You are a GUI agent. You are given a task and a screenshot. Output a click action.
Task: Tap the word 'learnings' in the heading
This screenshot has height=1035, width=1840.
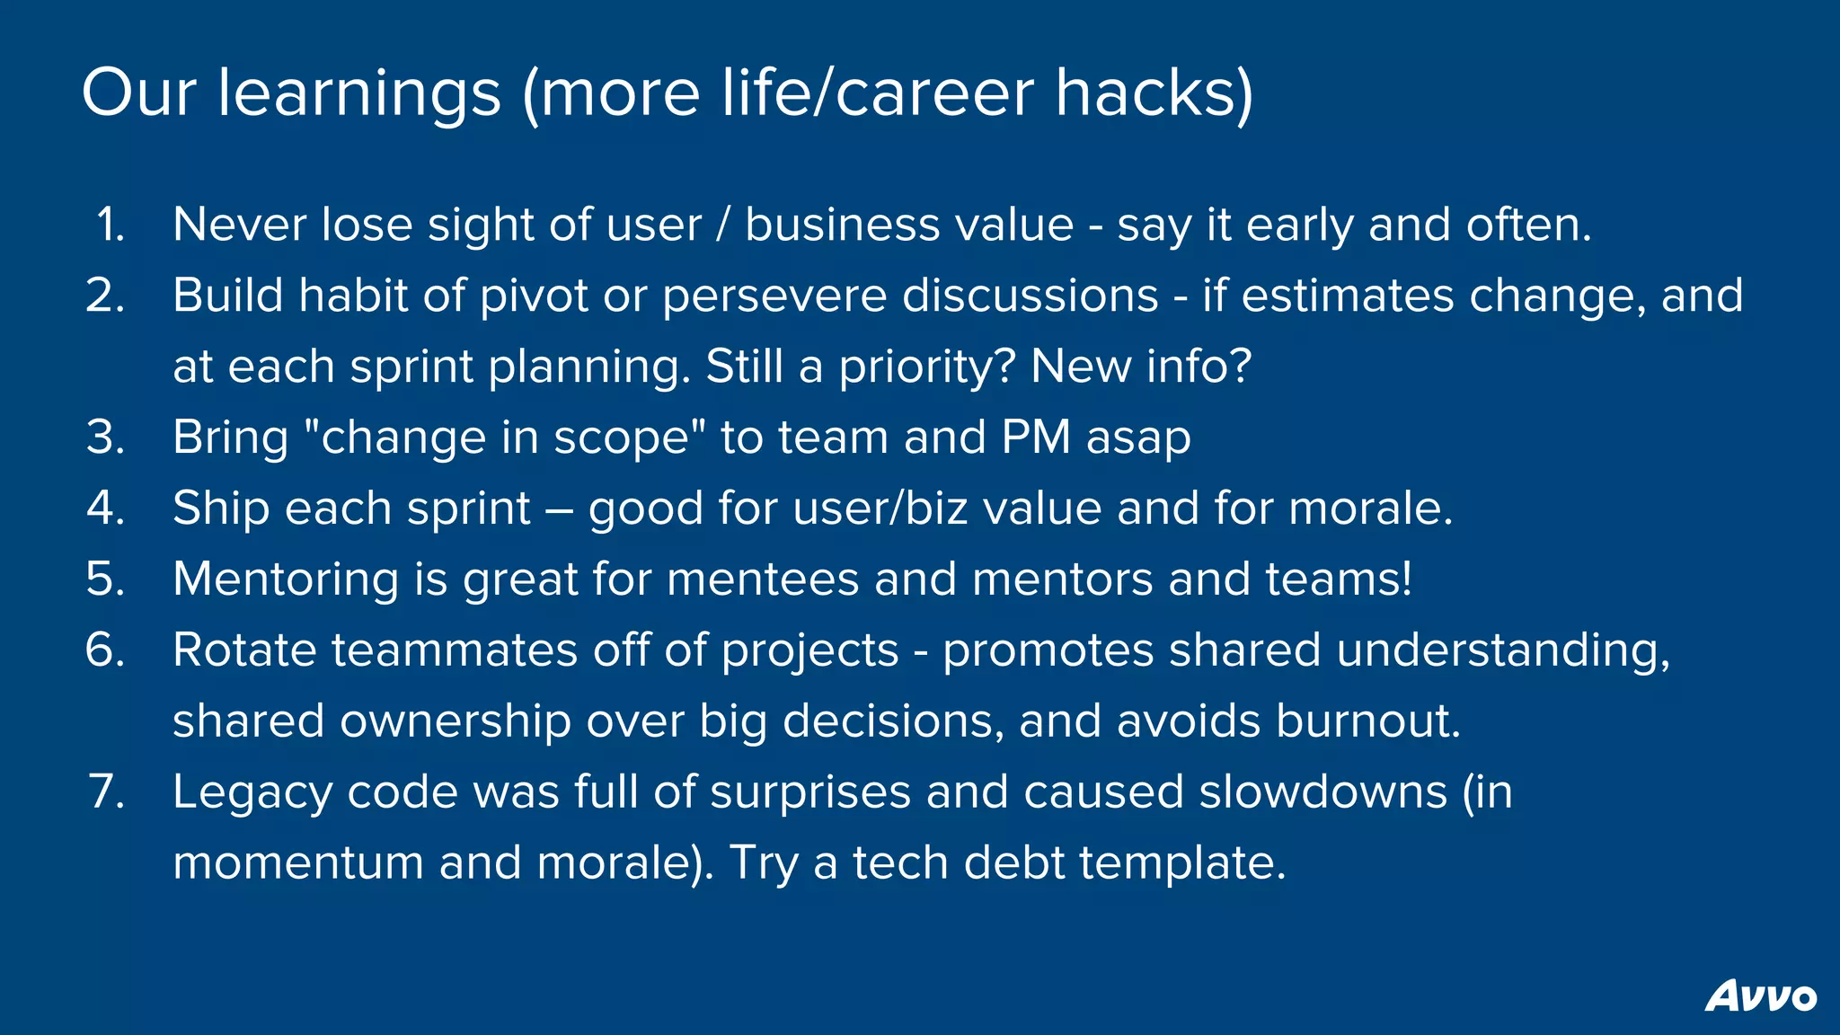pos(358,94)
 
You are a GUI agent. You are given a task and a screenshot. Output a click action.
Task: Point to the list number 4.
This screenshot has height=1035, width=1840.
pos(106,509)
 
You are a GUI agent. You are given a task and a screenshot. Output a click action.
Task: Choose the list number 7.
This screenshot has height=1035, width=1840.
pos(107,792)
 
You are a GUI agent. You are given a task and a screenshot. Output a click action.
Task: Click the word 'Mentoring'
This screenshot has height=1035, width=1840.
pos(285,580)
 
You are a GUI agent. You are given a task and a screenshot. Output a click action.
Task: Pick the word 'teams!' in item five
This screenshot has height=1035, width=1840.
pos(1339,579)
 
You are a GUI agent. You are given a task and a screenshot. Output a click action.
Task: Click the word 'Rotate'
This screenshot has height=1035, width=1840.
pos(244,650)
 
